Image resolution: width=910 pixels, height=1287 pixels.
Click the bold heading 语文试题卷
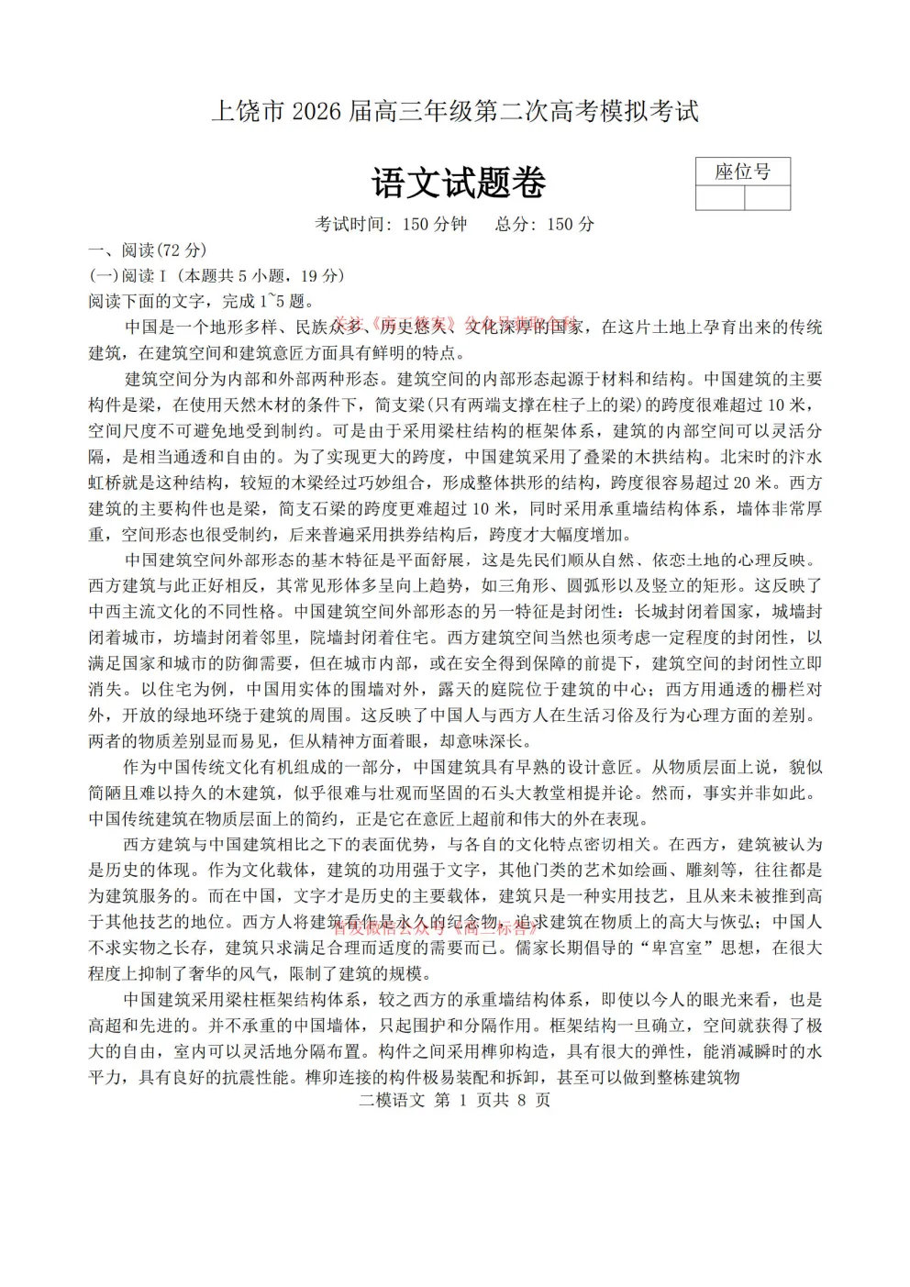pos(459,183)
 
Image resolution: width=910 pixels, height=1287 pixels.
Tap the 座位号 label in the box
pos(742,172)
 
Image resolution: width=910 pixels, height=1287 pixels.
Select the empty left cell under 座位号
pos(720,198)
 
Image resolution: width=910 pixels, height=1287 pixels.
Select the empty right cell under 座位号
pos(767,198)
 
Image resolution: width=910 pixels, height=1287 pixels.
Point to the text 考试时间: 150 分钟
pos(392,224)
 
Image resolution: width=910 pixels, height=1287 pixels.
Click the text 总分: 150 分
pos(545,224)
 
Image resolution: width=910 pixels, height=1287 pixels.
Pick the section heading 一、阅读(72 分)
pos(147,250)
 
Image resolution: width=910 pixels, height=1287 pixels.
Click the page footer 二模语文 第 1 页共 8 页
pos(455,1101)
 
